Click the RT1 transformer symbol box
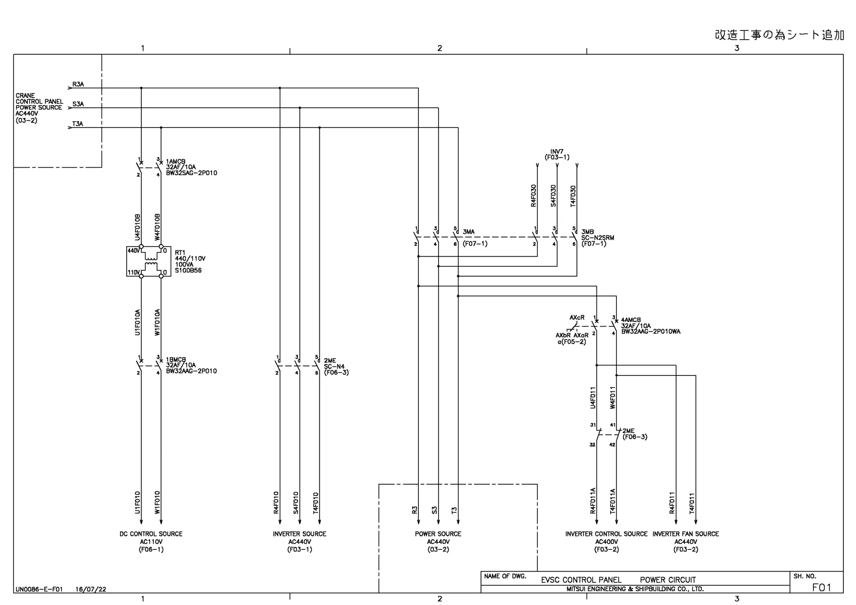pyautogui.click(x=149, y=261)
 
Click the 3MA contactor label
pyautogui.click(x=469, y=232)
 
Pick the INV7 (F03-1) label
pyautogui.click(x=557, y=155)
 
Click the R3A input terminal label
pyautogui.click(x=78, y=84)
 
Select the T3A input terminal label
pyautogui.click(x=78, y=124)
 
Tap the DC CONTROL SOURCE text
pyautogui.click(x=151, y=534)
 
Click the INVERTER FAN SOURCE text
pyautogui.click(x=685, y=534)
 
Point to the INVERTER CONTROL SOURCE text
pyautogui.click(x=606, y=534)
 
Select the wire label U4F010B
pyautogui.click(x=138, y=227)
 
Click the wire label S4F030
pyautogui.click(x=553, y=196)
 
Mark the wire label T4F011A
pyautogui.click(x=613, y=501)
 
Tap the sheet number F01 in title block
pyautogui.click(x=821, y=587)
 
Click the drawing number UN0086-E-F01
pyautogui.click(x=39, y=590)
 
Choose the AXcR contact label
pyautogui.click(x=577, y=318)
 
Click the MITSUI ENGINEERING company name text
pyautogui.click(x=635, y=589)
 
